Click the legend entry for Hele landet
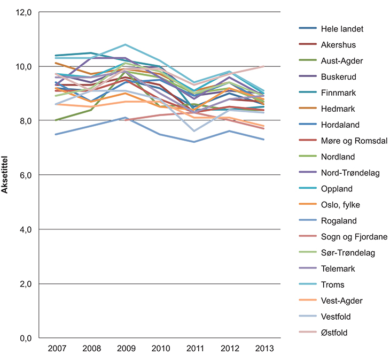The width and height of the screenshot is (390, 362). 342,28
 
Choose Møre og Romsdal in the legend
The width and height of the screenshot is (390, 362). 352,141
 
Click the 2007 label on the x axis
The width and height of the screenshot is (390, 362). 57,349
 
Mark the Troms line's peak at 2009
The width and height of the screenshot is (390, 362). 126,44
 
